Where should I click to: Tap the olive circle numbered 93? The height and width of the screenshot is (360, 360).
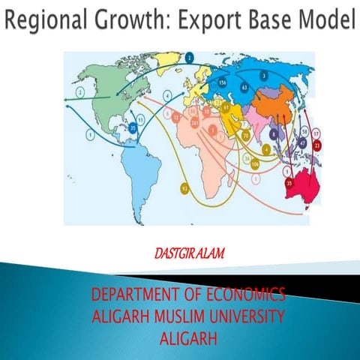pos(184,189)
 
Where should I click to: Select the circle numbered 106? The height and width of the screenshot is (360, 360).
pos(256,163)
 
